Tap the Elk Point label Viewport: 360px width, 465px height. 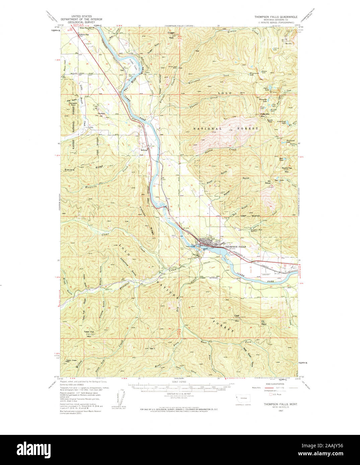pyautogui.click(x=264, y=323)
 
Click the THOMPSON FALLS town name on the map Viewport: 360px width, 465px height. pyautogui.click(x=235, y=247)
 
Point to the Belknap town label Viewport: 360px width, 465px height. pyautogui.click(x=144, y=150)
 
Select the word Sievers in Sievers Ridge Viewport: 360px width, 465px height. pyautogui.click(x=70, y=170)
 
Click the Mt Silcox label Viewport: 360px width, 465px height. pyautogui.click(x=268, y=182)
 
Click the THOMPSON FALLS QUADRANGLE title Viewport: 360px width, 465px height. pyautogui.click(x=273, y=16)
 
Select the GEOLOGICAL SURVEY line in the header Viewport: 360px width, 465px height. pyautogui.click(x=78, y=22)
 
